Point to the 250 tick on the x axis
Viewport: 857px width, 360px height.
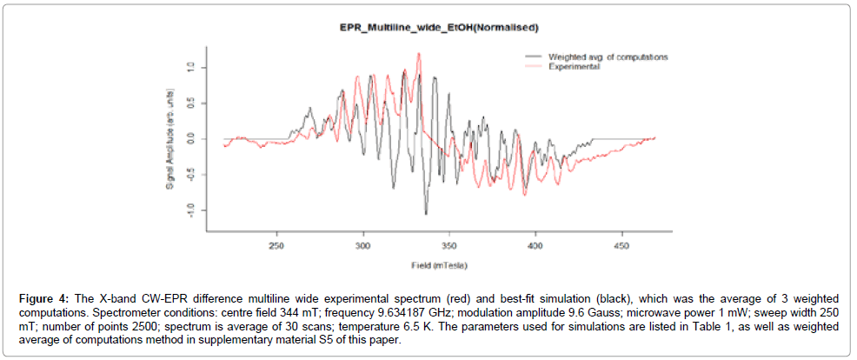pyautogui.click(x=276, y=246)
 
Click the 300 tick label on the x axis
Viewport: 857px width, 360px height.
pyautogui.click(x=362, y=246)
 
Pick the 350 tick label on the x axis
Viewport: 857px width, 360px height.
pyautogui.click(x=448, y=246)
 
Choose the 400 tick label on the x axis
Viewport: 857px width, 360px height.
pyautogui.click(x=535, y=246)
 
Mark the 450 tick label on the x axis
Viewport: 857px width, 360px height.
pyautogui.click(x=621, y=246)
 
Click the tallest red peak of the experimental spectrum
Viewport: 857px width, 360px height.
pyautogui.click(x=419, y=54)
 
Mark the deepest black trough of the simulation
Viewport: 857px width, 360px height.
pyautogui.click(x=426, y=213)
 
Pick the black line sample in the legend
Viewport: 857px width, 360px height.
pyautogui.click(x=533, y=57)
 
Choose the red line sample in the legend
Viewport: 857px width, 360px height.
pyautogui.click(x=533, y=65)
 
